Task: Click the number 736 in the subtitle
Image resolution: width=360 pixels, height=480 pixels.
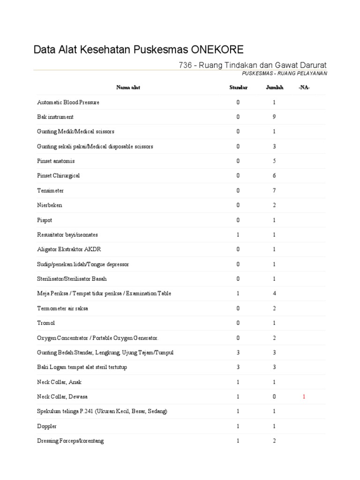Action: pos(186,65)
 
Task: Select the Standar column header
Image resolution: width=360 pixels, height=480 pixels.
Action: pos(238,88)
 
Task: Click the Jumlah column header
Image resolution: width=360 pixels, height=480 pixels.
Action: pos(275,88)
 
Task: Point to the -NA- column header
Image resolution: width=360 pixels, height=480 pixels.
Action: pos(304,88)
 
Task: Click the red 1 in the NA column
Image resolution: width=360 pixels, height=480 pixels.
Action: pos(304,397)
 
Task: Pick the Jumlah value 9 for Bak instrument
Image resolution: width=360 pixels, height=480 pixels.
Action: pos(275,117)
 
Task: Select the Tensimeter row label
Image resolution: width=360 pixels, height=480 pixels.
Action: pos(50,191)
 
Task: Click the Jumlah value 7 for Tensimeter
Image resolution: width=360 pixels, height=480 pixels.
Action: pos(275,191)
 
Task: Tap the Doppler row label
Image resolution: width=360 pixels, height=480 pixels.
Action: pos(47,426)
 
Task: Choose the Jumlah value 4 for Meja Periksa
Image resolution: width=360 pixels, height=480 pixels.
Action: pos(275,293)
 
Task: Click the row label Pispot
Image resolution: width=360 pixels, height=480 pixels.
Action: pos(45,220)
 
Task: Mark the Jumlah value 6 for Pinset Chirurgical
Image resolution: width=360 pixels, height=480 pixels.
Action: pos(275,176)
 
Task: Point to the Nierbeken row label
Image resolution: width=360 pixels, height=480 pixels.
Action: pos(49,205)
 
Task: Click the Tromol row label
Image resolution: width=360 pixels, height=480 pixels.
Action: pos(45,323)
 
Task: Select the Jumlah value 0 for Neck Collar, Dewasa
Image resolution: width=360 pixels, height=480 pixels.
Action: pos(275,397)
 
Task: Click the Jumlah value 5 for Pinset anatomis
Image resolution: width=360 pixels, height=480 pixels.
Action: pos(275,161)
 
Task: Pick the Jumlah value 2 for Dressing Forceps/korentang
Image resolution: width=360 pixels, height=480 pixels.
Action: pos(275,441)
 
